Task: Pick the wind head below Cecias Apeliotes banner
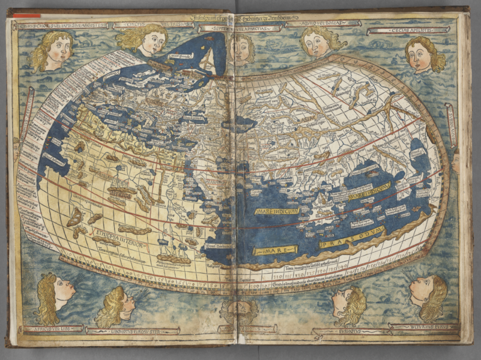[x=423, y=54]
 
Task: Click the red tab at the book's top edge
[x=28, y=15]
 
